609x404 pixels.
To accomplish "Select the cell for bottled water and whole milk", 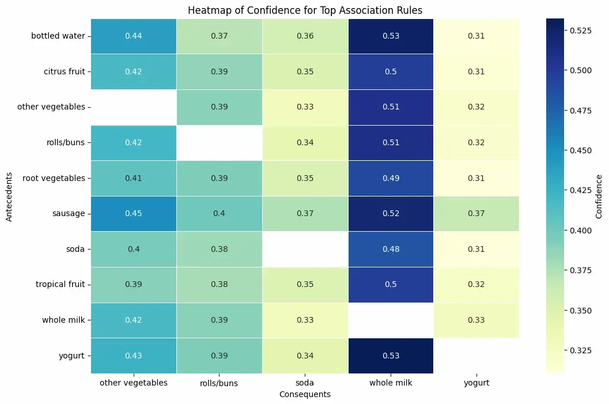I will tap(391, 36).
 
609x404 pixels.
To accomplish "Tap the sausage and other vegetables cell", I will tap(133, 214).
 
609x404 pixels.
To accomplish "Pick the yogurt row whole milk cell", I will tap(391, 356).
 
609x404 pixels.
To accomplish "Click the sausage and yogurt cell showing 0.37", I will tap(476, 214).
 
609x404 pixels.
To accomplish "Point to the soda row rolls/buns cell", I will tap(218, 249).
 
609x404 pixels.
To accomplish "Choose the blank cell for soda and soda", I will tap(304, 249).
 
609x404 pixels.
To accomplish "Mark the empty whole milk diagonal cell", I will tap(391, 320).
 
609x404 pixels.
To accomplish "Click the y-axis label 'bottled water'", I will tap(58, 36).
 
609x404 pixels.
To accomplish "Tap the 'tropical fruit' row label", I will tap(60, 284).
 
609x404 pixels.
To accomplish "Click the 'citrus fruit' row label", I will tap(64, 72).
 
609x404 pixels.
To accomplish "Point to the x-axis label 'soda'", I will tap(304, 383).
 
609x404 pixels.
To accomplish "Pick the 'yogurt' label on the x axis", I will tap(476, 383).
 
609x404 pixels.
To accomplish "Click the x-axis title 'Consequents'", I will tap(304, 394).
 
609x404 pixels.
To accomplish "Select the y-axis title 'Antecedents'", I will tap(9, 196).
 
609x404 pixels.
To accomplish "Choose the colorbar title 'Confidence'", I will tap(599, 196).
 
